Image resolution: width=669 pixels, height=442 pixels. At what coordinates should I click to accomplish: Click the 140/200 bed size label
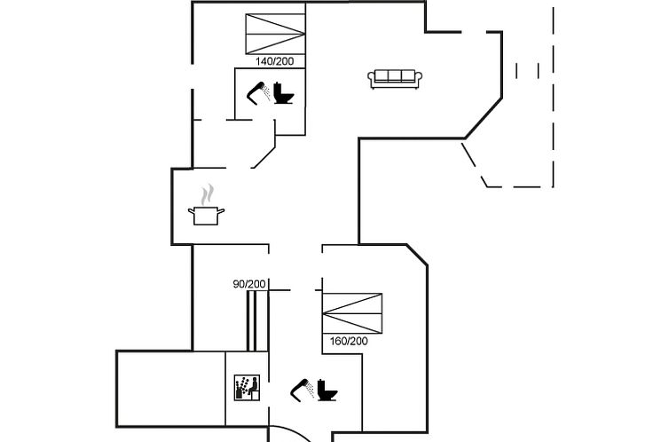pos(274,61)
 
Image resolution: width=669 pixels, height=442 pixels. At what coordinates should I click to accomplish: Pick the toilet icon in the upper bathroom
pos(284,92)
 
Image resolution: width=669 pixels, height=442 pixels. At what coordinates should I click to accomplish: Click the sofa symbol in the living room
pos(393,79)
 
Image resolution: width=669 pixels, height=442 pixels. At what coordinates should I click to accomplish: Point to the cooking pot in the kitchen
pos(206,215)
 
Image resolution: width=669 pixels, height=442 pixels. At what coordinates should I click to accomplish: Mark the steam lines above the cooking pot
pos(208,193)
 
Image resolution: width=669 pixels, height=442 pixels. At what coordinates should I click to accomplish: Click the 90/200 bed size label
pos(249,284)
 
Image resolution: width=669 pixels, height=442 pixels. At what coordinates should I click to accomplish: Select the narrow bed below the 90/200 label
pos(251,320)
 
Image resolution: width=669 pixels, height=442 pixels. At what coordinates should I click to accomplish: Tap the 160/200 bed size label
pos(349,341)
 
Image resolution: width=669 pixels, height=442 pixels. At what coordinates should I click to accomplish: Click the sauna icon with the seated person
pos(247,387)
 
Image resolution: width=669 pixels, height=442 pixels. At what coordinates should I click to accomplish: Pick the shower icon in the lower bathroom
pos(302,388)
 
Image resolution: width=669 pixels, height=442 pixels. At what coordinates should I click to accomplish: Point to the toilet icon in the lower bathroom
pos(328,390)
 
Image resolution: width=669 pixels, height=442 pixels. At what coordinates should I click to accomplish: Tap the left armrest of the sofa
pos(372,80)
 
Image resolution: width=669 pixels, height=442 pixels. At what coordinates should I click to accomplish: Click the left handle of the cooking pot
pos(191,210)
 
